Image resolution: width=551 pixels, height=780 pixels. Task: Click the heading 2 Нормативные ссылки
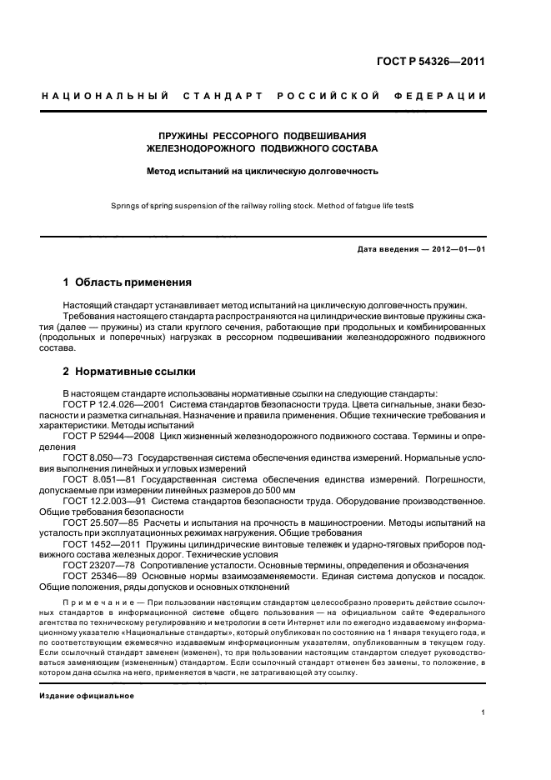click(129, 372)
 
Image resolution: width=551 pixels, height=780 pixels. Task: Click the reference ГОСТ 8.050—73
click(98, 457)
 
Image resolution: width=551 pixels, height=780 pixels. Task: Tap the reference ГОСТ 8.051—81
click(98, 478)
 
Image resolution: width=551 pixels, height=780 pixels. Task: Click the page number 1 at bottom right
click(483, 712)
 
